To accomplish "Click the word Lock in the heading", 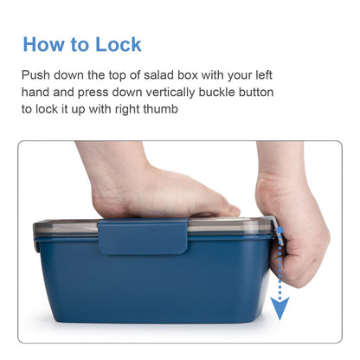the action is point(119,44).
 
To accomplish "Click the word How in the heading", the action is point(44,44).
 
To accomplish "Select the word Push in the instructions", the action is point(35,75).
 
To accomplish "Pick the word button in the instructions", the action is point(256,93).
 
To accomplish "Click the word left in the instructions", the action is point(264,75).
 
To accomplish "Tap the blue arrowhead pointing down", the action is point(280,307).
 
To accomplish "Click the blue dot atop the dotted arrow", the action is point(280,230).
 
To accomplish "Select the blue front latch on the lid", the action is point(144,236).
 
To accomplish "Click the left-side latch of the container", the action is point(36,241).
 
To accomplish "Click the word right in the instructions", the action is point(127,110).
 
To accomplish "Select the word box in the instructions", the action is point(188,75).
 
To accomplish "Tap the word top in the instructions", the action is point(117,75).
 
